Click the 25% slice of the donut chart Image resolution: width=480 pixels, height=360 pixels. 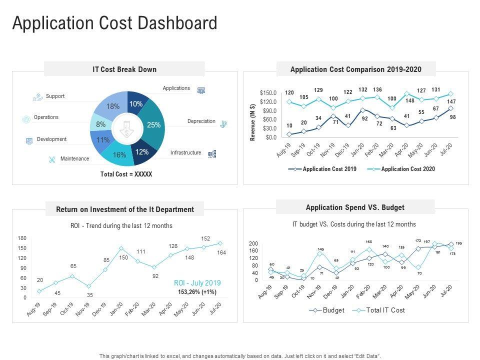[x=153, y=125]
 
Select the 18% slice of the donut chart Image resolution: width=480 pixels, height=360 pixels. [x=112, y=106]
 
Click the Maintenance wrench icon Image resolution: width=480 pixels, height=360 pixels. [x=51, y=159]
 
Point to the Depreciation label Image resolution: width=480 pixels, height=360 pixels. [x=201, y=121]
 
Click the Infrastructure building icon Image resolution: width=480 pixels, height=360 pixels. [x=211, y=154]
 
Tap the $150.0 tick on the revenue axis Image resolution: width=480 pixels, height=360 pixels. [x=268, y=93]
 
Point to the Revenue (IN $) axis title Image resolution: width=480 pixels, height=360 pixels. [x=253, y=122]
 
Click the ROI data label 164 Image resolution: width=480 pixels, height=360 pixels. [x=221, y=253]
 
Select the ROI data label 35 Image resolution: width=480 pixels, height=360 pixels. [x=90, y=295]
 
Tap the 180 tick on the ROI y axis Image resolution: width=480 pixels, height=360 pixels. [x=22, y=238]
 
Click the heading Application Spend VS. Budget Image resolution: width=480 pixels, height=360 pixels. [x=355, y=207]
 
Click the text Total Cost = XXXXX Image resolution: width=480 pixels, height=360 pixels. [x=126, y=174]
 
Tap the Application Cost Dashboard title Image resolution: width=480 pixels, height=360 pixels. [x=114, y=23]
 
